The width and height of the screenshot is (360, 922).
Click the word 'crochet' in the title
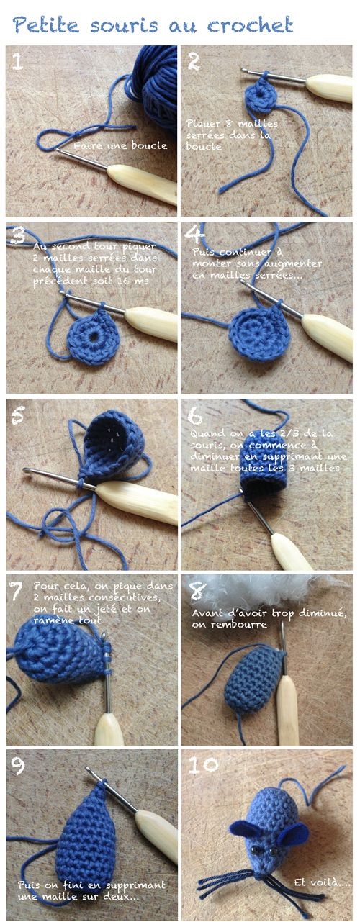[251, 25]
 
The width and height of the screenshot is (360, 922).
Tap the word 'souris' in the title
[125, 26]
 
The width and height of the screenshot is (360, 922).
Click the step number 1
[17, 62]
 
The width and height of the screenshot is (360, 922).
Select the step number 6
[194, 416]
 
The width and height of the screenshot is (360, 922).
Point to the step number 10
[204, 765]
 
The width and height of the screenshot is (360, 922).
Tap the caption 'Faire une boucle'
[120, 145]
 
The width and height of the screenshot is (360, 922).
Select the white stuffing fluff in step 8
[264, 588]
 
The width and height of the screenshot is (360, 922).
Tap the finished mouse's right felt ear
[293, 834]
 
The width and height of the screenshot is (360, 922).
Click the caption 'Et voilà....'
[322, 882]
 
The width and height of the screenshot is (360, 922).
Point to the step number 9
[18, 766]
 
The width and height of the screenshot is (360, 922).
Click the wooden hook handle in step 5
[137, 502]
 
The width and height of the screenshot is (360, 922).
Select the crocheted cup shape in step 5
[113, 443]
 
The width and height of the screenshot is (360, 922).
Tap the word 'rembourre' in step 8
[238, 625]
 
